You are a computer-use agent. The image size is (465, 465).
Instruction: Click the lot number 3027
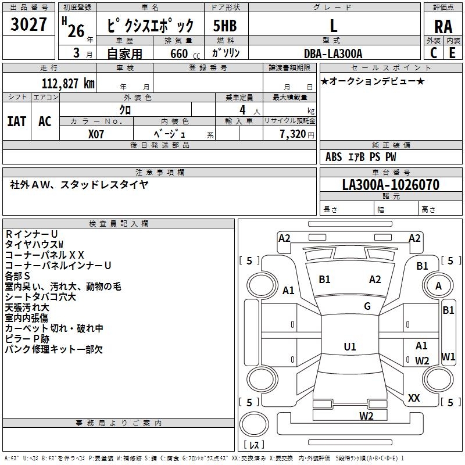pos(29,25)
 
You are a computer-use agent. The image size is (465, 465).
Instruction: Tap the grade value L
pos(333,26)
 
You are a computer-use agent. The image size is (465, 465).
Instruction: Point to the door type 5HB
pos(225,26)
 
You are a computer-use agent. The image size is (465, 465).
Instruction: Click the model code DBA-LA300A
pos(333,53)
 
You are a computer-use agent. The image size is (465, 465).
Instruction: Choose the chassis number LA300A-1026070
pos(390,185)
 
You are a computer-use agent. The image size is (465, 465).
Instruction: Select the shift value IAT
pos(17,121)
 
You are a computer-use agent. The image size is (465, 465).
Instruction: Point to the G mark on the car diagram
pos(367,306)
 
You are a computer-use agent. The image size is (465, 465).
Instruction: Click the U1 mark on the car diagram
pos(350,346)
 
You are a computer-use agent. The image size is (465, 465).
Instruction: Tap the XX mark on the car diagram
pos(414,398)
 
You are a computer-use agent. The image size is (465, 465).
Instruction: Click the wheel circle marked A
pos(439,286)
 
